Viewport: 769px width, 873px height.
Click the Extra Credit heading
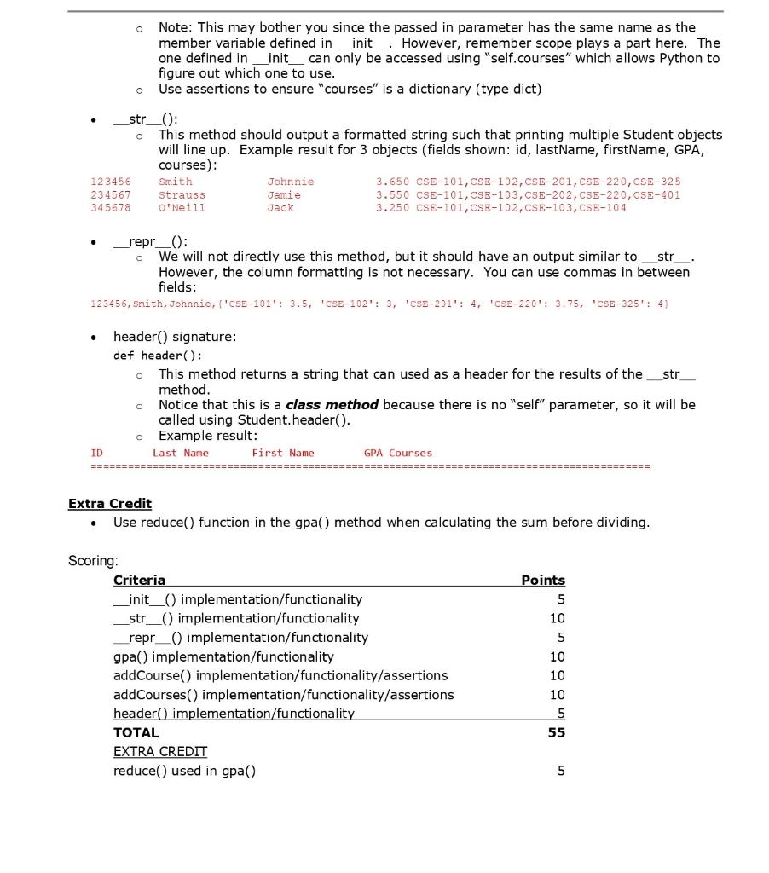[x=110, y=503]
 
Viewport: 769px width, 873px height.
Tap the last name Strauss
[x=182, y=194]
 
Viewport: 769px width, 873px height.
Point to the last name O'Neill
[x=182, y=207]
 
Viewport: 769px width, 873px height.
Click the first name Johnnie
[x=291, y=182]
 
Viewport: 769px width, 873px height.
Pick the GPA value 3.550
[x=393, y=194]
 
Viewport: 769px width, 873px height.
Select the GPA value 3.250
[x=393, y=207]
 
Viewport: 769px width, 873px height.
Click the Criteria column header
[x=139, y=580]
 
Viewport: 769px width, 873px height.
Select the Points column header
[x=543, y=580]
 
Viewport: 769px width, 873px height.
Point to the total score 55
[x=557, y=732]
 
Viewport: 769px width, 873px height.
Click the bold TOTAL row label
[x=136, y=732]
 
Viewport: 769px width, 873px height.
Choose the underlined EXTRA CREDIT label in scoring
[x=160, y=751]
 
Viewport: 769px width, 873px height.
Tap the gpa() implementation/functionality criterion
[x=223, y=656]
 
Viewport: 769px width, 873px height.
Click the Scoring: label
[x=93, y=560]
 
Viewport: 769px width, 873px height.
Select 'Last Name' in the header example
[x=180, y=453]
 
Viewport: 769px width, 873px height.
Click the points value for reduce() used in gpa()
[x=560, y=771]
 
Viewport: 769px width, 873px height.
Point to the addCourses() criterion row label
[x=283, y=695]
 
